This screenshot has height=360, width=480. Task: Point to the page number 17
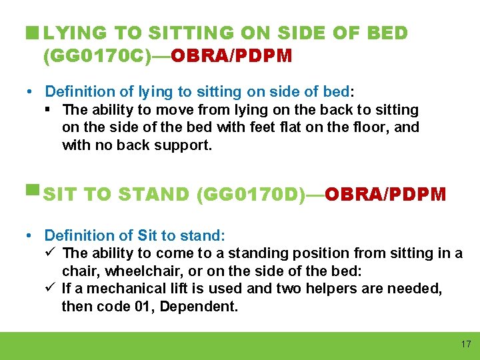click(x=465, y=345)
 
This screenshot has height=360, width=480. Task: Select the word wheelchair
click(x=137, y=271)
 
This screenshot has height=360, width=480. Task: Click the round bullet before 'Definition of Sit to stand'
click(x=32, y=235)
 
